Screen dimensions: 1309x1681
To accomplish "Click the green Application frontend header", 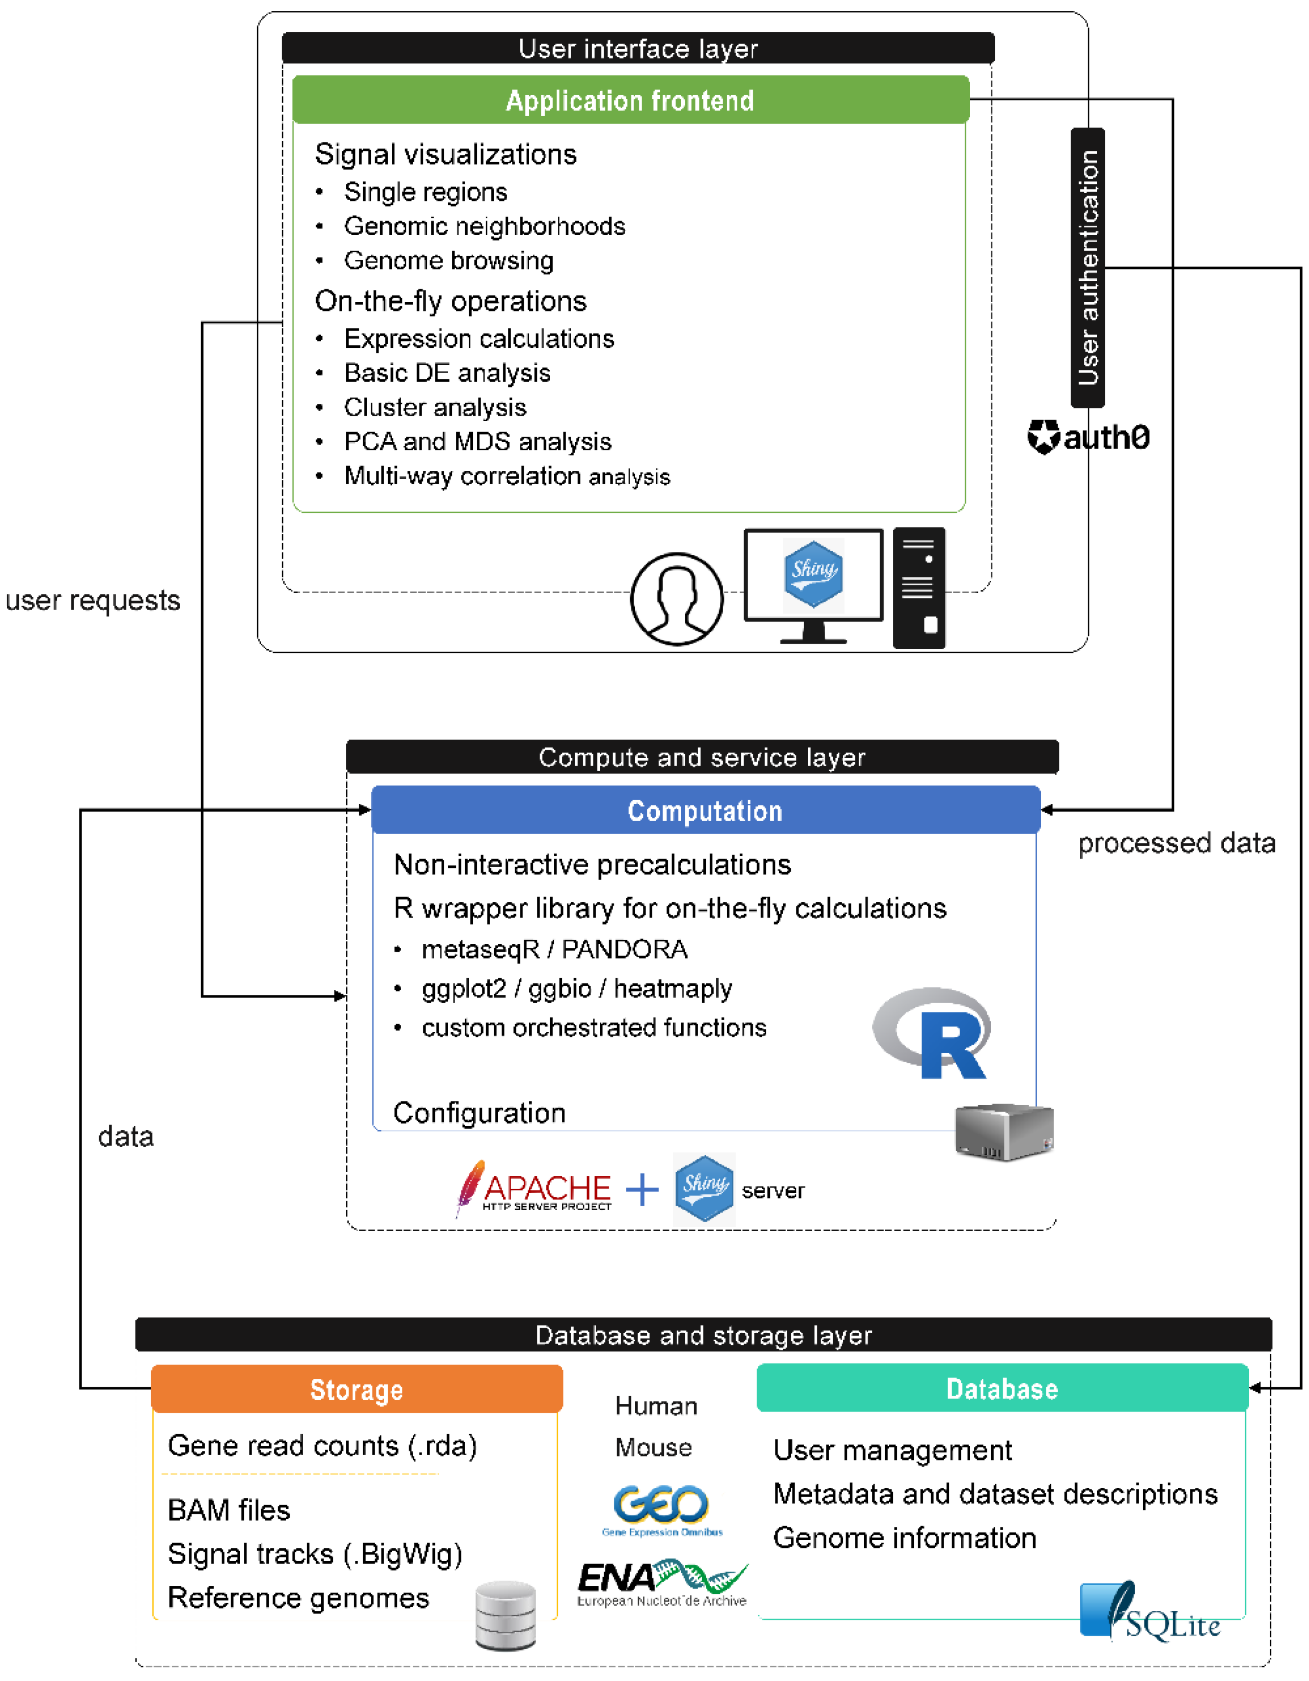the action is point(630,100).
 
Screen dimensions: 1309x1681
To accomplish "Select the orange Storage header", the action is point(356,1390).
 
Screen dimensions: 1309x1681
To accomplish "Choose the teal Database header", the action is point(1002,1388).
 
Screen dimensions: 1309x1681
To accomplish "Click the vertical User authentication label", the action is point(1087,268).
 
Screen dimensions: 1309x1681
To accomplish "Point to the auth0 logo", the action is point(1088,437).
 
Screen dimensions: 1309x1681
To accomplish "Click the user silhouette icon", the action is point(677,599).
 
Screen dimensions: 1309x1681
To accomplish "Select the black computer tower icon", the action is point(919,588).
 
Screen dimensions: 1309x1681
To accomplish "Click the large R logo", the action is point(933,1033).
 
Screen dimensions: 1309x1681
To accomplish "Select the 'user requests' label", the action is point(93,601).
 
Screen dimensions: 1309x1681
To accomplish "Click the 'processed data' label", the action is point(1177,844).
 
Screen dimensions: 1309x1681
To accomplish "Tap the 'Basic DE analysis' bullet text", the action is point(447,373).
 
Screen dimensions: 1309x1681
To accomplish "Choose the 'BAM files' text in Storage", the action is point(228,1510).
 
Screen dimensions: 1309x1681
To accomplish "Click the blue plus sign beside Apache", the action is point(642,1190).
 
